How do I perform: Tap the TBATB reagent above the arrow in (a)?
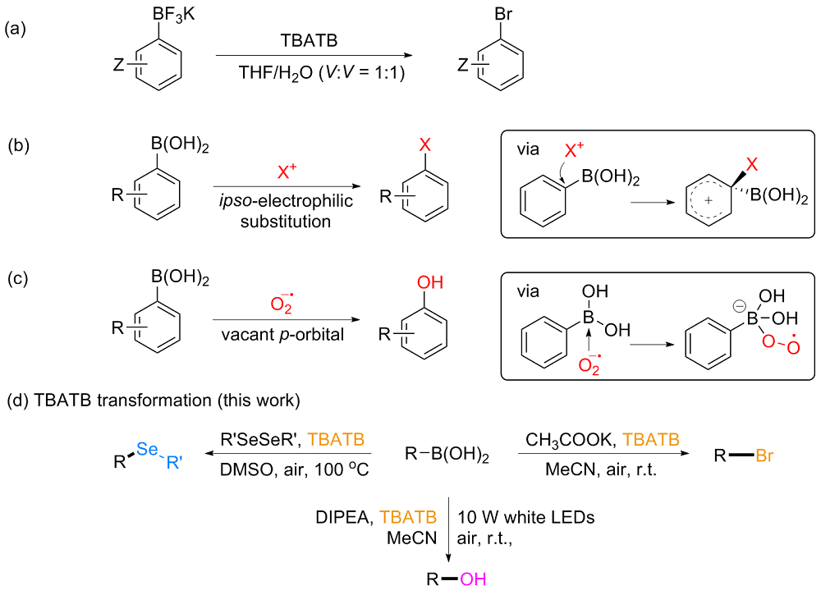(x=309, y=43)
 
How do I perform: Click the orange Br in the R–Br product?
(x=765, y=454)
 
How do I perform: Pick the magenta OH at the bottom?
(x=473, y=579)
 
